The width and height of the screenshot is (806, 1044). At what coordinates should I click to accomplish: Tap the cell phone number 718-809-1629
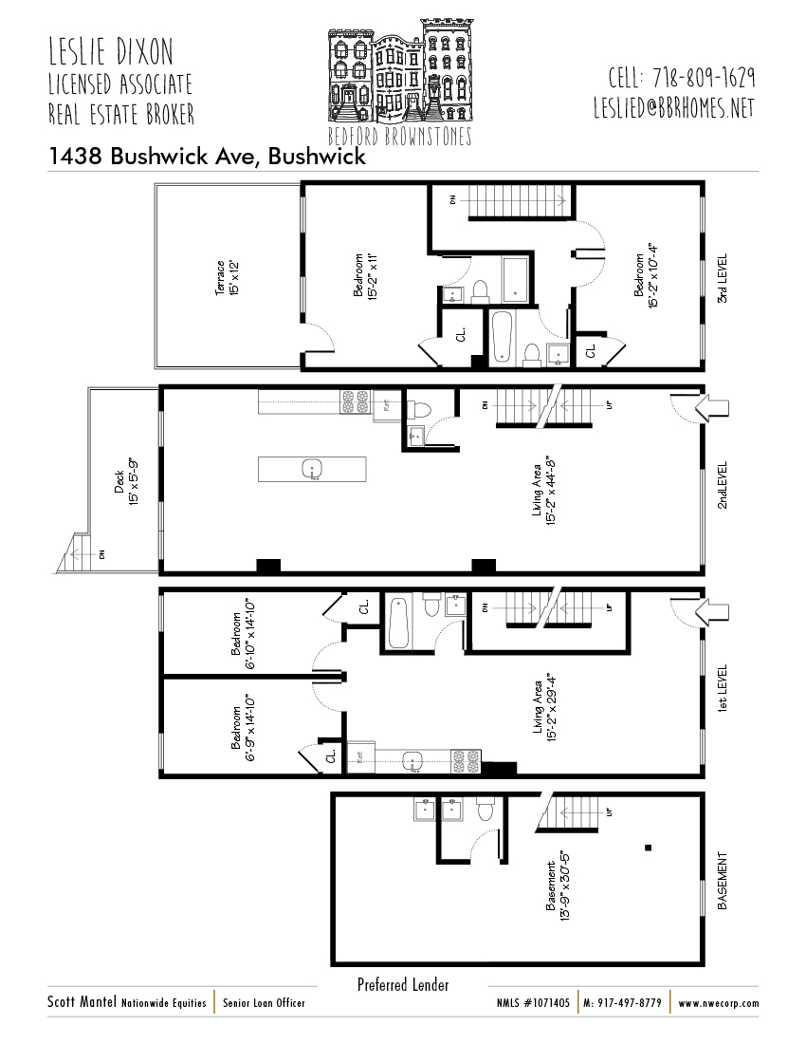(681, 78)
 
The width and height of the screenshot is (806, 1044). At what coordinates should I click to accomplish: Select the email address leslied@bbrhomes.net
(674, 107)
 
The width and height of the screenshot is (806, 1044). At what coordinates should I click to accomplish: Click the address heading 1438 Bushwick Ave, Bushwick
(207, 158)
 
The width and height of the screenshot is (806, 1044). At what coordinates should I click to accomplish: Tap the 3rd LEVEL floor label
(722, 276)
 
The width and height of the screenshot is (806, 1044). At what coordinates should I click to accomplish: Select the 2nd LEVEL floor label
(722, 485)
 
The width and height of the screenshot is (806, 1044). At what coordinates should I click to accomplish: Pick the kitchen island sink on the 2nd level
(312, 469)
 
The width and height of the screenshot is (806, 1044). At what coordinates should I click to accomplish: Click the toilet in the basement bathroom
(485, 810)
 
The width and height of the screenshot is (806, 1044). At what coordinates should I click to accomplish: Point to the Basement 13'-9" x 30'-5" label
(557, 880)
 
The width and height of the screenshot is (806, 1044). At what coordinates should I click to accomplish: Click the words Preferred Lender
(403, 985)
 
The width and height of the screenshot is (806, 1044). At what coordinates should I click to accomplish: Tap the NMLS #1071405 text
(533, 1003)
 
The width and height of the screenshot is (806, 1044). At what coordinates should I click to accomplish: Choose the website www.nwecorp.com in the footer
(718, 1003)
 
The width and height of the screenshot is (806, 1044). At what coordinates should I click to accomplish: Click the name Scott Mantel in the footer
(82, 1002)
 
